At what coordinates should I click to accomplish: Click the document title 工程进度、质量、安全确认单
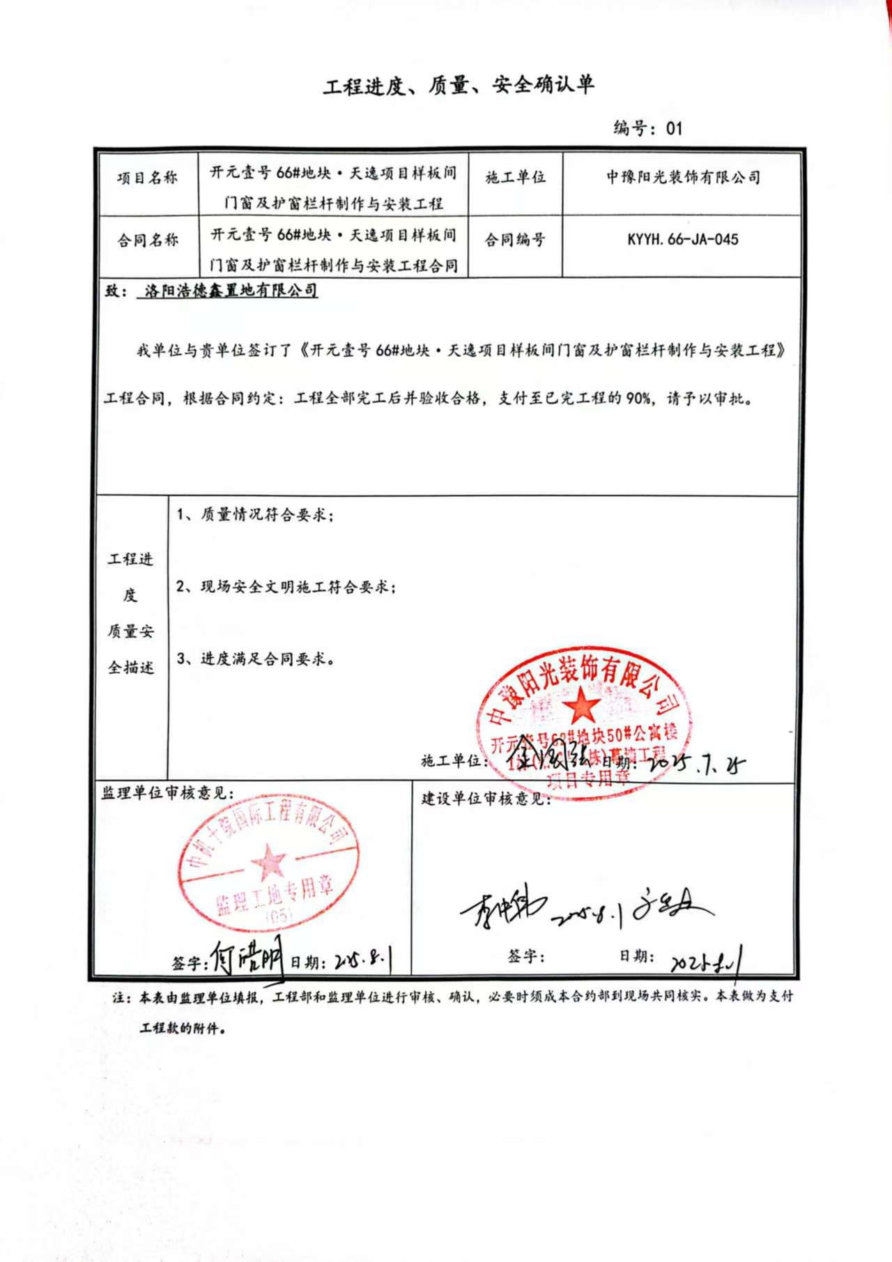[x=458, y=86]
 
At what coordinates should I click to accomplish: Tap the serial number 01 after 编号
[x=674, y=128]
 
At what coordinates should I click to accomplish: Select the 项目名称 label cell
[x=147, y=178]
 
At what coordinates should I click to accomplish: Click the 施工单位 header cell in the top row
[x=515, y=178]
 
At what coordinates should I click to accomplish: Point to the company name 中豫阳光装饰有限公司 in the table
[x=682, y=178]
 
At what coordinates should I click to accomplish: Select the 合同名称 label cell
[x=147, y=240]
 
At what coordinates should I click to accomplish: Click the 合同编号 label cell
[x=515, y=240]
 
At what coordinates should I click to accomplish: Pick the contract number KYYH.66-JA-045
[x=682, y=240]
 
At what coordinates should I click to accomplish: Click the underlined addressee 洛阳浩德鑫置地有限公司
[x=231, y=291]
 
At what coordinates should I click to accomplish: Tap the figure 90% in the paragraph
[x=639, y=399]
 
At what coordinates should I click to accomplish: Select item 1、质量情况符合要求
[x=255, y=515]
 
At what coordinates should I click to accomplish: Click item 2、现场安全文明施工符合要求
[x=286, y=587]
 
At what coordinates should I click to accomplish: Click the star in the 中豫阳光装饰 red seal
[x=582, y=705]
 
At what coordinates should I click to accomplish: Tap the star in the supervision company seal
[x=268, y=861]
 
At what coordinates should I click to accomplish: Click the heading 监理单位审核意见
[x=167, y=793]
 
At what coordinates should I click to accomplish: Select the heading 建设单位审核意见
[x=486, y=799]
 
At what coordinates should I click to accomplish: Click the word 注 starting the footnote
[x=119, y=997]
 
